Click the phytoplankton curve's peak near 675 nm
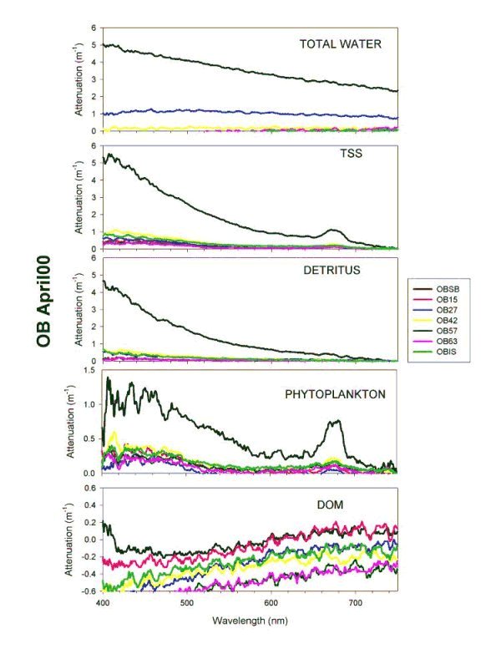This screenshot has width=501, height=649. pos(336,422)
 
